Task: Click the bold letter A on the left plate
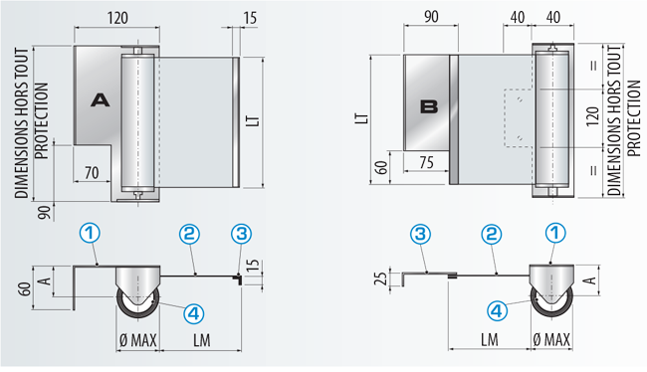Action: [x=101, y=100]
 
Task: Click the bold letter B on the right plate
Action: [x=429, y=106]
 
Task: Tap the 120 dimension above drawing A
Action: [x=117, y=18]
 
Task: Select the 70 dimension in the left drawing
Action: [x=92, y=173]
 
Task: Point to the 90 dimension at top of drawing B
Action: [x=431, y=17]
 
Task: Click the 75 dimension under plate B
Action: [x=426, y=162]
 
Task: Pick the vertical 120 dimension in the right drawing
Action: [x=592, y=116]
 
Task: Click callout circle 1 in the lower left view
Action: [x=90, y=234]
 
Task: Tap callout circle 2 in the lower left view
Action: [x=189, y=234]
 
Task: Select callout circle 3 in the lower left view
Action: [x=242, y=234]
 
